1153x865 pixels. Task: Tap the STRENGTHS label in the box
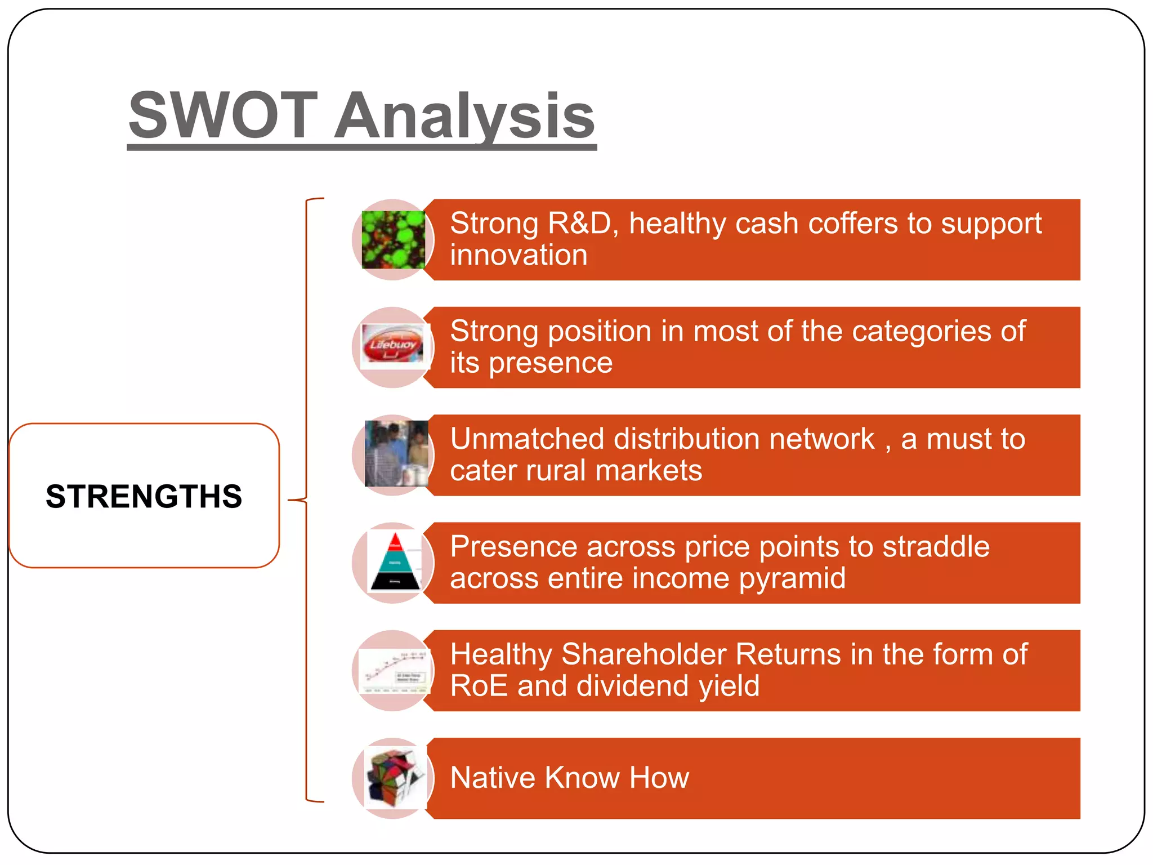(x=144, y=496)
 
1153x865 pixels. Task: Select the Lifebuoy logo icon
(x=393, y=344)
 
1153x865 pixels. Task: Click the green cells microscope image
(x=393, y=240)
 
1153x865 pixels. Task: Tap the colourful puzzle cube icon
(x=394, y=778)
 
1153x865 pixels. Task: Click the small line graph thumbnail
(x=394, y=671)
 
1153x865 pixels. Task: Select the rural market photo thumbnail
(x=396, y=454)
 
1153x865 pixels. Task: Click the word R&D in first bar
(x=579, y=224)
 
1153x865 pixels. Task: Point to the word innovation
(x=519, y=255)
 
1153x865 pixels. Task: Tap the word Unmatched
(x=528, y=439)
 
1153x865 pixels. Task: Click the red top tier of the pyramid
(x=395, y=542)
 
